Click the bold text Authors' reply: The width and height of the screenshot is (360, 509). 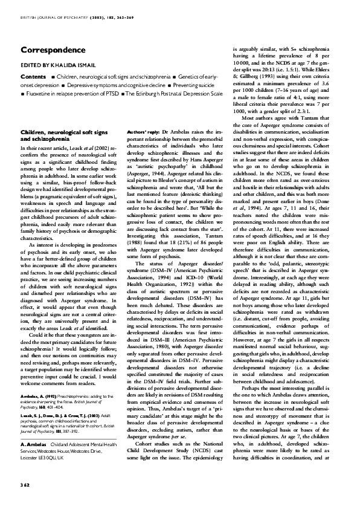(x=144, y=132)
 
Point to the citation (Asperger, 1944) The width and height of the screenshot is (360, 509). (x=147, y=172)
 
